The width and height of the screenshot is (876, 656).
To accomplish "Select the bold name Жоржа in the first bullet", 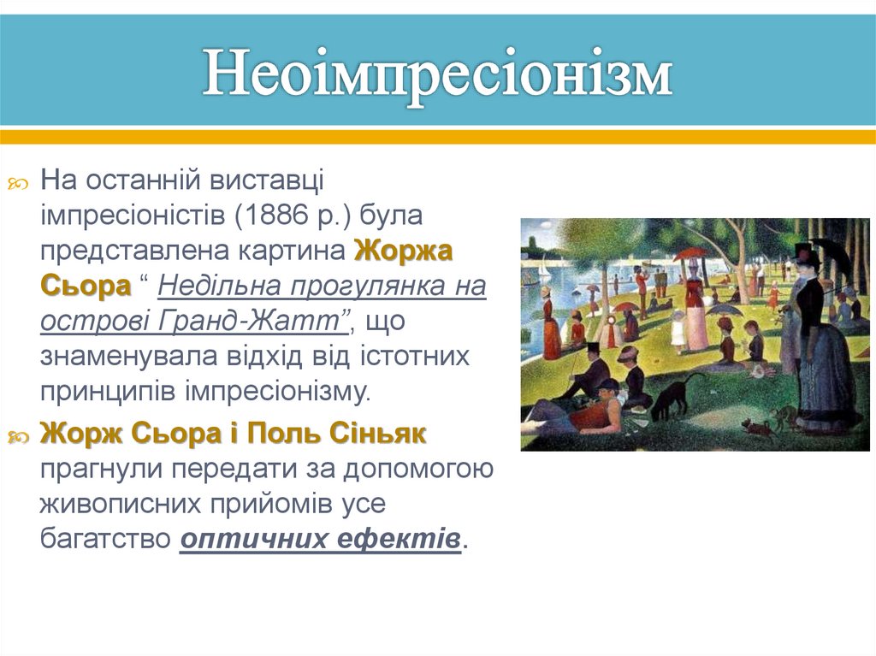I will point(403,251).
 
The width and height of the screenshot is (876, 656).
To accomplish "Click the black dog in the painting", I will point(676,395).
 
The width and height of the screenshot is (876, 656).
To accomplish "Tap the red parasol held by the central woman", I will point(690,254).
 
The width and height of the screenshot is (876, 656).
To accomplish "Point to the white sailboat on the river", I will point(545,272).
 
